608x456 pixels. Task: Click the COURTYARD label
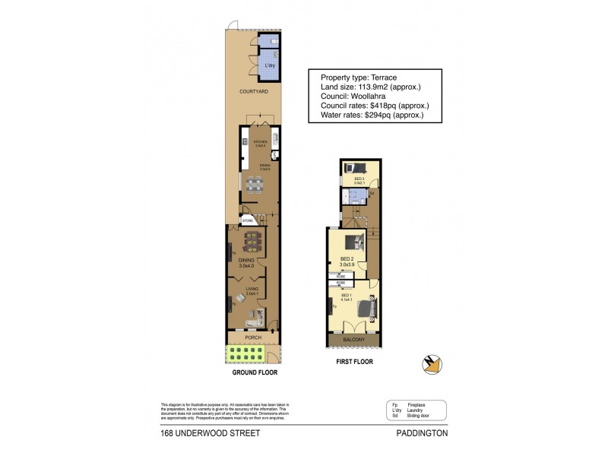tap(253, 91)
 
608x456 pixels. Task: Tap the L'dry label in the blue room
tap(269, 66)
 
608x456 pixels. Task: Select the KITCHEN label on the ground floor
tap(250, 141)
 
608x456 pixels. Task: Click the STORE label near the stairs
tap(247, 220)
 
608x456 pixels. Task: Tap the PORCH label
tap(253, 337)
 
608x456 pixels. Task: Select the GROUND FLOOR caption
tap(255, 373)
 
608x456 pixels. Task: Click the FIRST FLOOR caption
tap(354, 362)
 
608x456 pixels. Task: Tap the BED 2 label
tap(347, 259)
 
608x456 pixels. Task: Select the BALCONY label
tap(354, 339)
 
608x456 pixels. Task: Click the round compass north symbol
tap(431, 365)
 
